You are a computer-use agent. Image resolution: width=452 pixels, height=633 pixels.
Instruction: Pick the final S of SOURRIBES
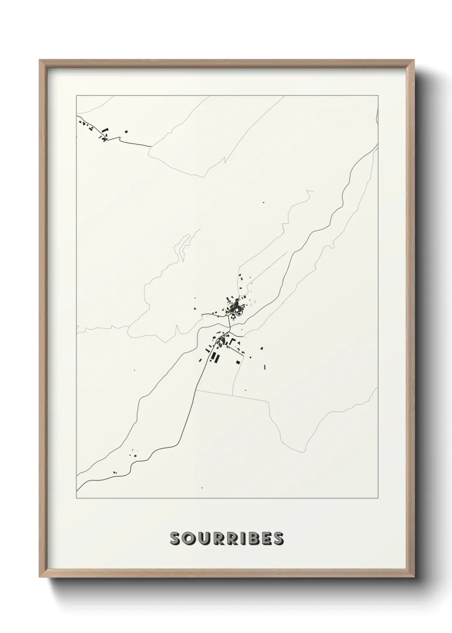point(277,538)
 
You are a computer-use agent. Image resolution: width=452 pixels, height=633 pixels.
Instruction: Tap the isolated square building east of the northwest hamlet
point(126,132)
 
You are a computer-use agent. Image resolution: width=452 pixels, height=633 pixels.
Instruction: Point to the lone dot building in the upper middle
point(264,202)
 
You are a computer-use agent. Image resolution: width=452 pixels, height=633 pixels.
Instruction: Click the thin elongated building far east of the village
point(265,367)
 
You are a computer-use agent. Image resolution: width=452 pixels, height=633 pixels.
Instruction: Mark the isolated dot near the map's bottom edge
point(202,488)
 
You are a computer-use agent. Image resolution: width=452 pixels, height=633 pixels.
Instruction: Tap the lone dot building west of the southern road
point(135,370)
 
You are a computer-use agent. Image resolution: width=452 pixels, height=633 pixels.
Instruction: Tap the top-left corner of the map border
point(76,95)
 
